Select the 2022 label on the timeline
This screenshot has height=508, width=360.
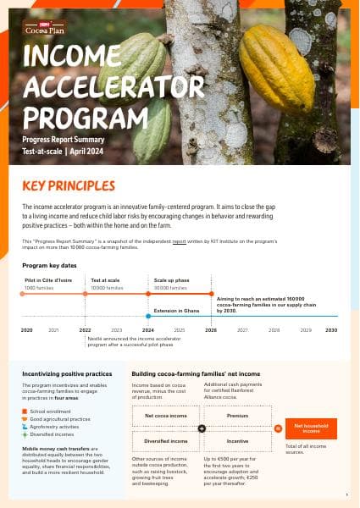(86, 329)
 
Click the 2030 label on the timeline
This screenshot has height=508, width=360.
(331, 329)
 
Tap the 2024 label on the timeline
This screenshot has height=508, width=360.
(148, 329)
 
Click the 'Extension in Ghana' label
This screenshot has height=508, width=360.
(177, 310)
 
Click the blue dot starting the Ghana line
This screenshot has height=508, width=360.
(148, 315)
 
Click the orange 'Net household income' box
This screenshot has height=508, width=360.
(311, 428)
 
